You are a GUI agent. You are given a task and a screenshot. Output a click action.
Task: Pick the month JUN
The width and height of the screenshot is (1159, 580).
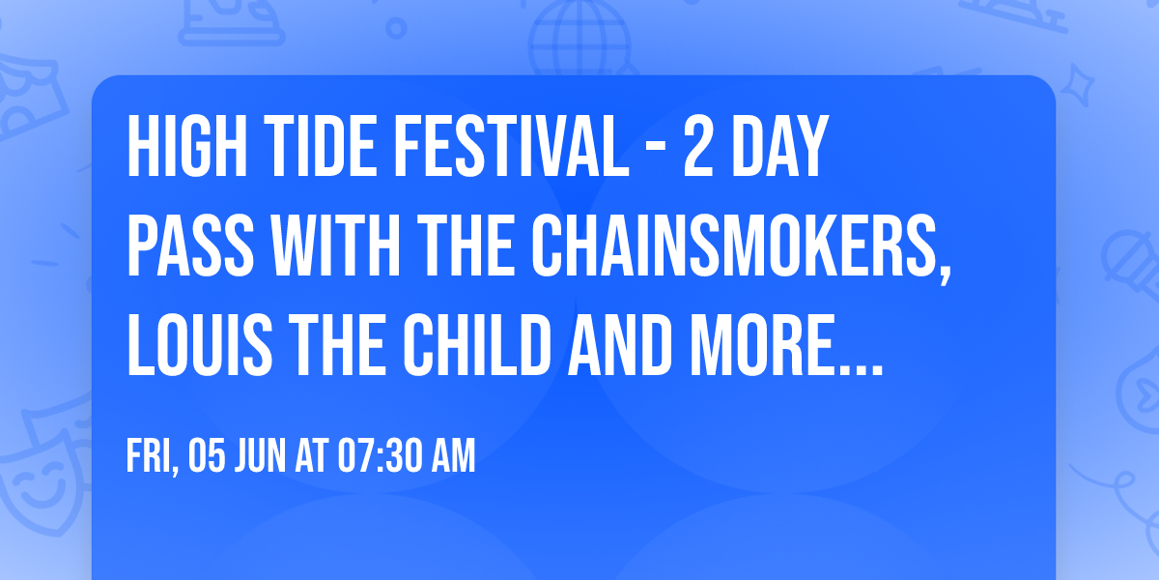click(x=260, y=456)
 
